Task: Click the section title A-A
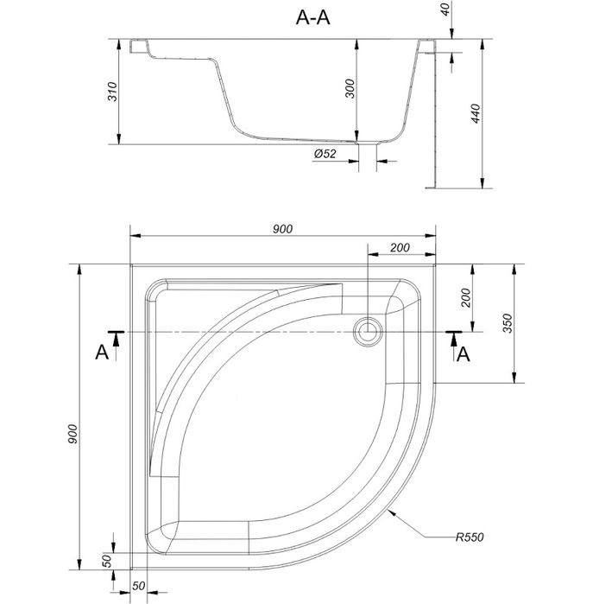312,18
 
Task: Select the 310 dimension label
112,92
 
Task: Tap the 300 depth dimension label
350,89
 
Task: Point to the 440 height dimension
476,114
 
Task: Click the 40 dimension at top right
445,10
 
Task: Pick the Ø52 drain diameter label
325,154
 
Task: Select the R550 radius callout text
470,537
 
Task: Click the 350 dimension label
508,323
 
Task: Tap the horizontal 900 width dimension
282,229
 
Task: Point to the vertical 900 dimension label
73,434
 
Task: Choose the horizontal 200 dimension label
400,248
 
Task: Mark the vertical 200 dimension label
465,297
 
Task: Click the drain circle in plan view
369,332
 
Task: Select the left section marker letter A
102,352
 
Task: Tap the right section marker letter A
464,354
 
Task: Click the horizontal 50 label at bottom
138,586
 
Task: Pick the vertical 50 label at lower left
107,561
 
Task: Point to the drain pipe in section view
368,157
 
